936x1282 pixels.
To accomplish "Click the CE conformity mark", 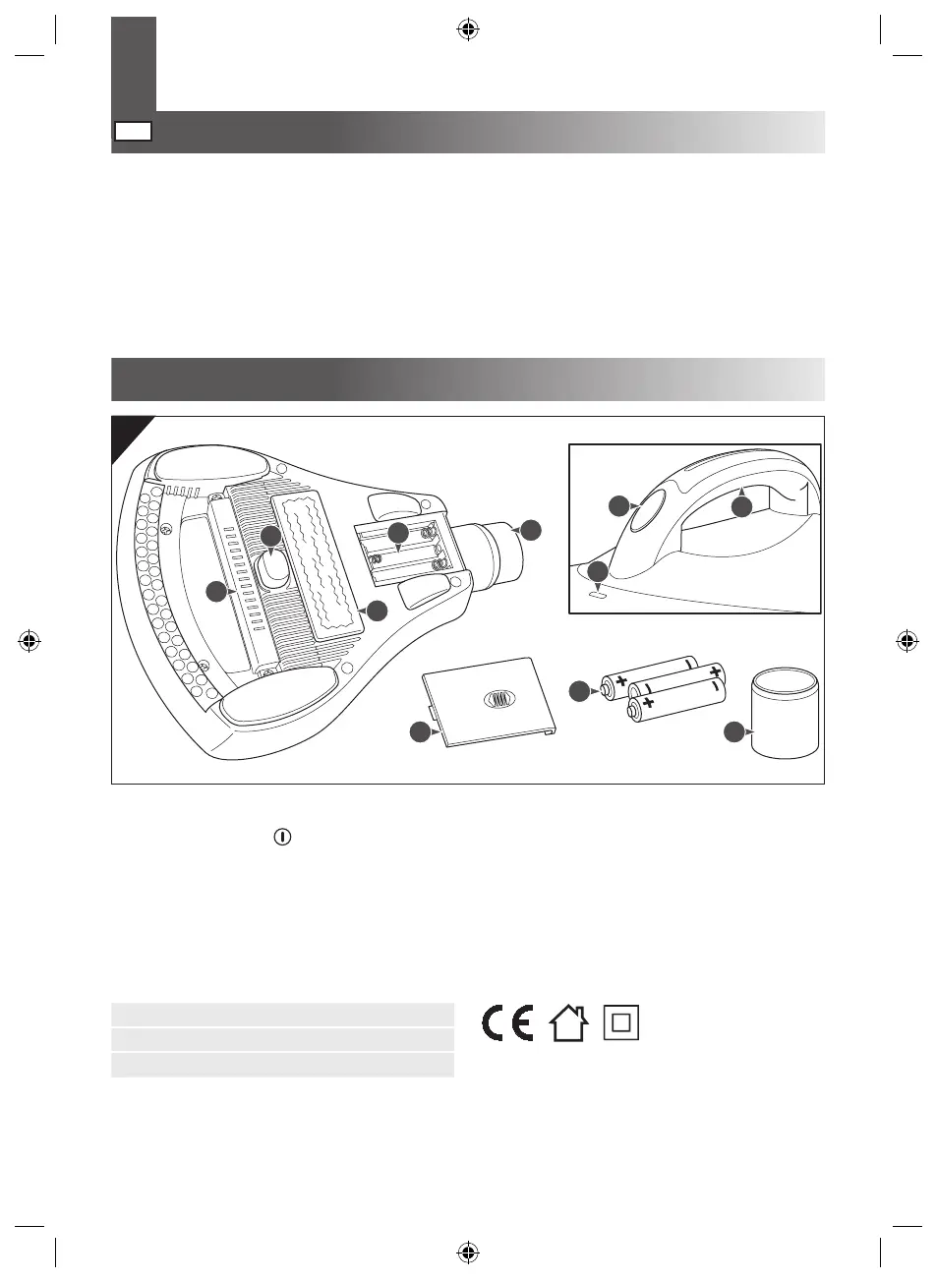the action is (x=507, y=1022).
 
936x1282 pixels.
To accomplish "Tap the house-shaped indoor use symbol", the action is (x=569, y=1022).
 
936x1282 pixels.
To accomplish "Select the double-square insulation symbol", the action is (x=620, y=1022).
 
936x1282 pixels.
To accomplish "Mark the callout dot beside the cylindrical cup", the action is (x=734, y=732).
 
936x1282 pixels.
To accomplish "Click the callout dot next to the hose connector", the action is (x=531, y=529).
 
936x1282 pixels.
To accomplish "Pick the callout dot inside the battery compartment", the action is (x=397, y=532).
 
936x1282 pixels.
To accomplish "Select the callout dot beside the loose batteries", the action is (x=581, y=691).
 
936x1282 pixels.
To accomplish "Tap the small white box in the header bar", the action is (x=133, y=132).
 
